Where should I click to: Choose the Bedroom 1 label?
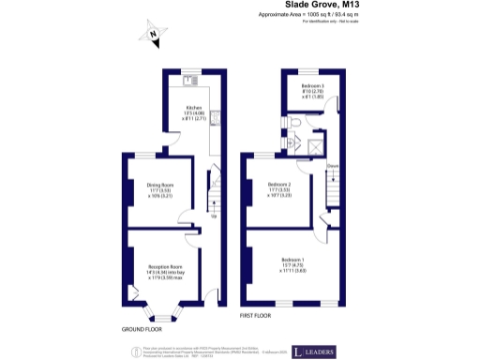point(292,263)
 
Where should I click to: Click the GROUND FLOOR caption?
point(142,330)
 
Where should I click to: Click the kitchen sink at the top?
point(191,81)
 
